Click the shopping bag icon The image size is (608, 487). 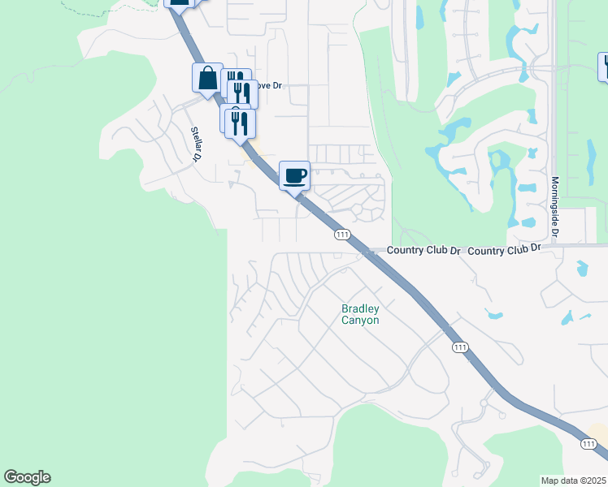[x=207, y=79]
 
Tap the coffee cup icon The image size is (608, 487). [x=294, y=175]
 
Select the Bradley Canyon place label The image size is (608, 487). [x=360, y=314]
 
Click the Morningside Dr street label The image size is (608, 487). [x=555, y=208]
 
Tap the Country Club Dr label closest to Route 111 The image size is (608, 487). [x=423, y=250]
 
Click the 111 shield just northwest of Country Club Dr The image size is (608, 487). [x=341, y=235]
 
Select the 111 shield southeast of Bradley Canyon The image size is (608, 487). [x=460, y=347]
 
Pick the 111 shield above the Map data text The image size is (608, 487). [x=588, y=444]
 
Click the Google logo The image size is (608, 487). [x=27, y=477]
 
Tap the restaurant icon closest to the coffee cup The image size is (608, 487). [x=241, y=123]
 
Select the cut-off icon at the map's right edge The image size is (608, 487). [x=603, y=67]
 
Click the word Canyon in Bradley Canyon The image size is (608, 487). [x=360, y=320]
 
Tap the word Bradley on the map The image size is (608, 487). [x=360, y=308]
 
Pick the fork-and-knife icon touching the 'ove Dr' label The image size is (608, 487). [x=242, y=93]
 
